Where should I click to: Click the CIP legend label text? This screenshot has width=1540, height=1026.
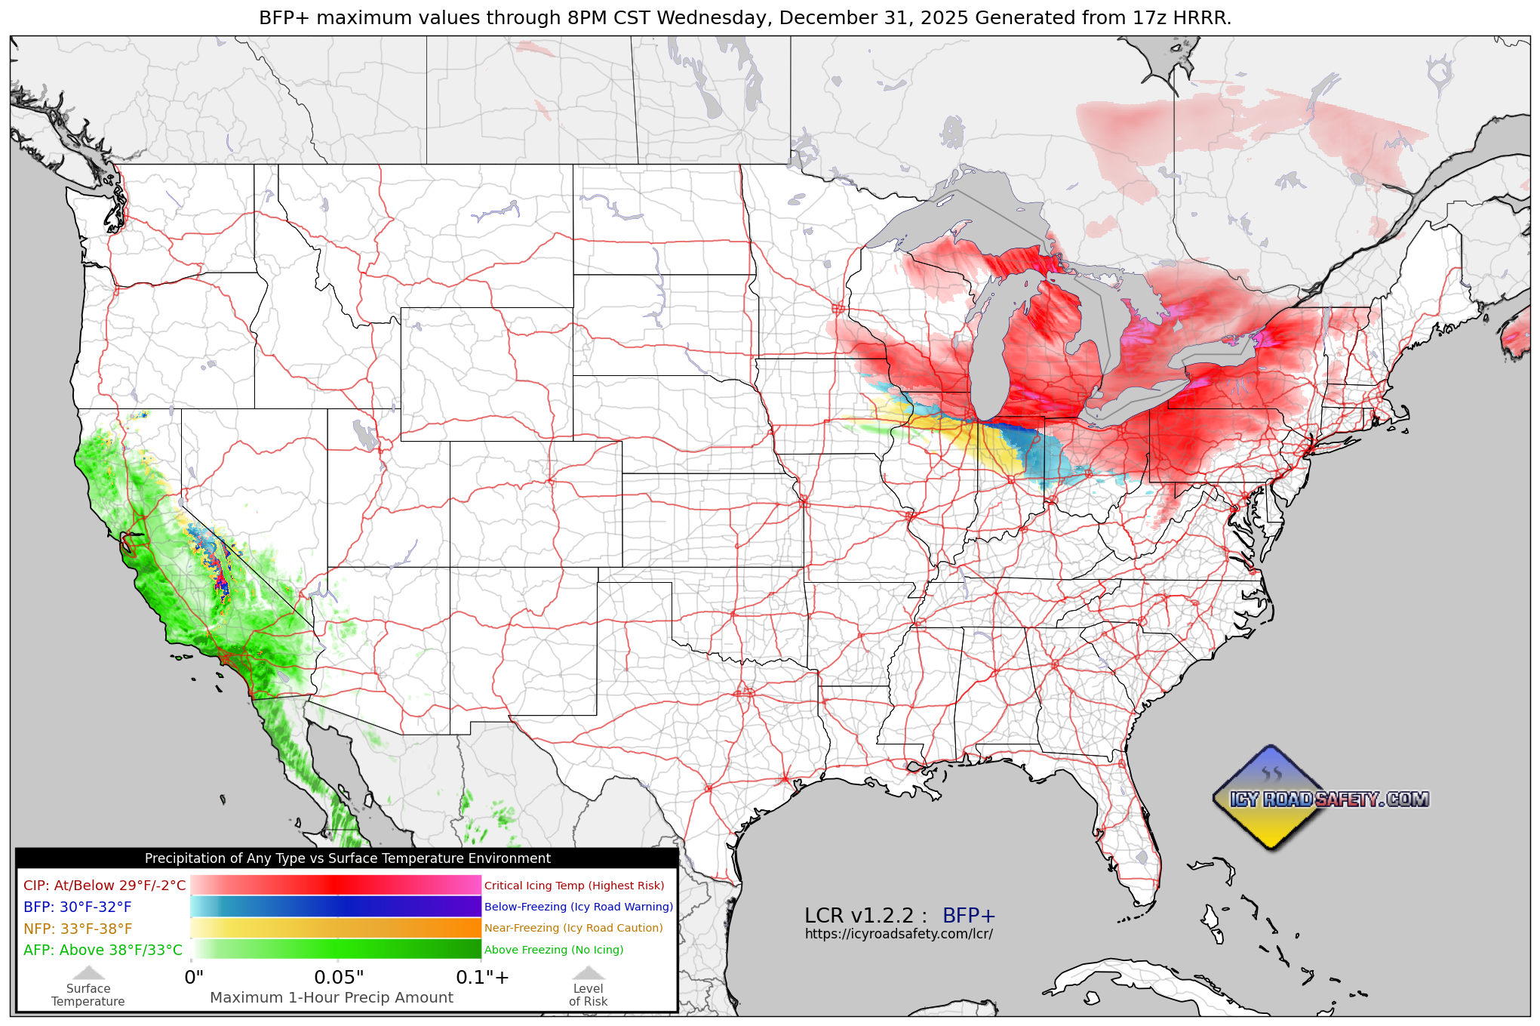point(104,886)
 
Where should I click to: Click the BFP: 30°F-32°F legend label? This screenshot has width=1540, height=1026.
point(77,907)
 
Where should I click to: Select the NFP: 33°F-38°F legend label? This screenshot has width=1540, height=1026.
point(78,929)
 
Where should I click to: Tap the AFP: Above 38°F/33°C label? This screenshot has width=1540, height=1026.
point(103,950)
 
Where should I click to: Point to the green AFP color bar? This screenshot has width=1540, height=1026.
point(336,949)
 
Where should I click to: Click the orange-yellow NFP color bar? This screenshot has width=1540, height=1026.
point(336,928)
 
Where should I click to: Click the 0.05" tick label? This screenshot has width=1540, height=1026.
point(339,978)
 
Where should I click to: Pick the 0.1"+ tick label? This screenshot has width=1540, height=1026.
point(482,978)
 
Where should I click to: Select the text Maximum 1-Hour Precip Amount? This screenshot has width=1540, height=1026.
point(331,997)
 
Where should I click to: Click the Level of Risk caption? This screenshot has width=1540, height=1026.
point(588,995)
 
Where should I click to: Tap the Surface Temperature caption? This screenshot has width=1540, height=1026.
point(88,995)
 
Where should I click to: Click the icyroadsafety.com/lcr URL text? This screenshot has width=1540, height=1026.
point(899,934)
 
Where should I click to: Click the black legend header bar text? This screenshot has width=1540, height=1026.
point(347,858)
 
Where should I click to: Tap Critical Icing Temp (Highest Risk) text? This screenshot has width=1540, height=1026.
point(574,886)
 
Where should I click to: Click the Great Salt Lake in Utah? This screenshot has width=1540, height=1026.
point(364,436)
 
